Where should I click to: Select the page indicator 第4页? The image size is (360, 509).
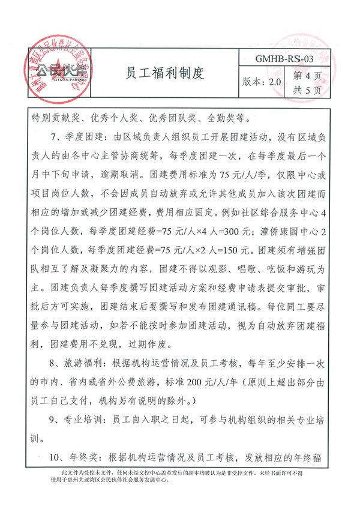307,76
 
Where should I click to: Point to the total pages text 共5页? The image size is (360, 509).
307,91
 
